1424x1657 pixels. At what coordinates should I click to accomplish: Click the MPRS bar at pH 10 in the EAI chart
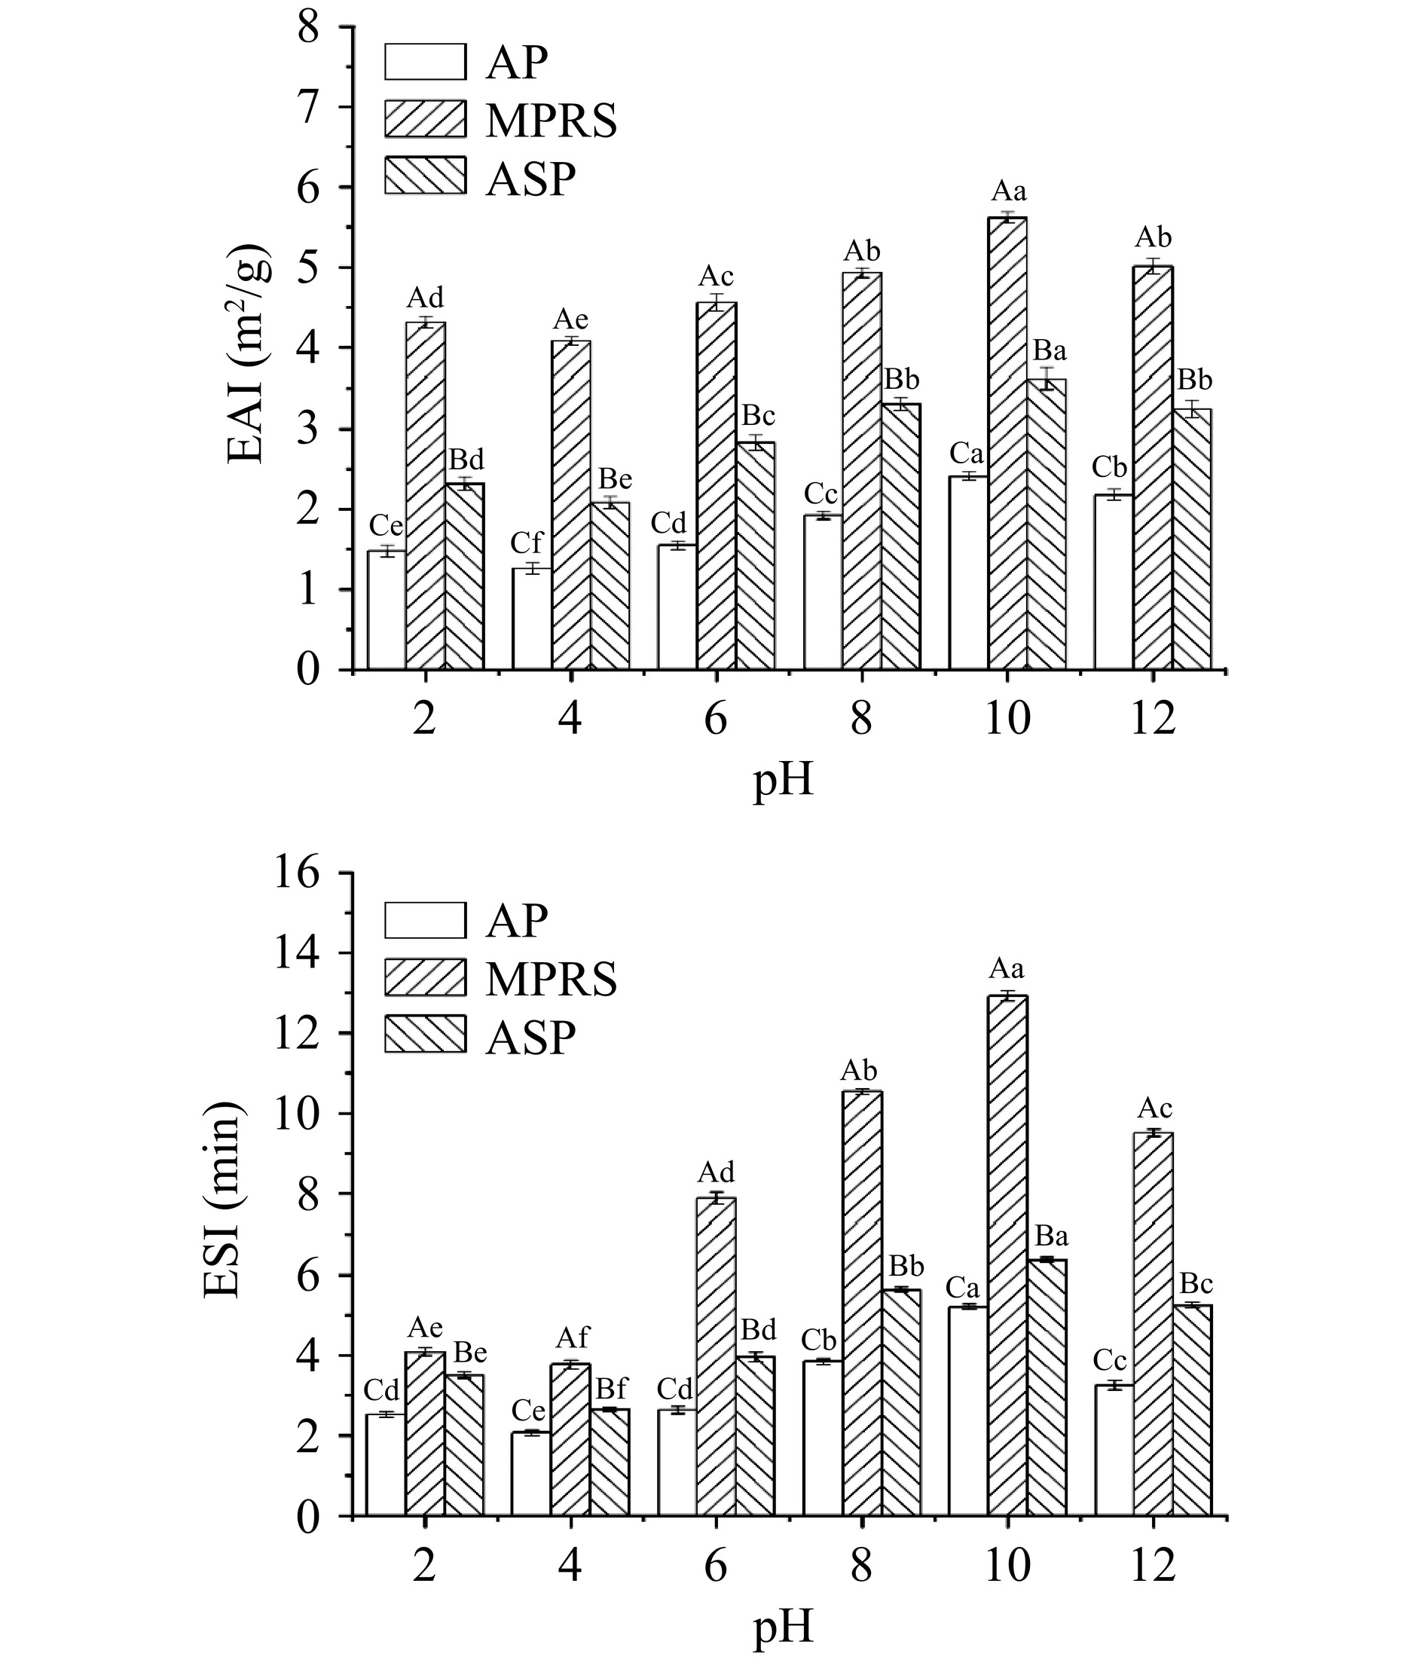pos(1007,444)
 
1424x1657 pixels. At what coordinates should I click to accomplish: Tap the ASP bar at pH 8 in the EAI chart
pos(900,536)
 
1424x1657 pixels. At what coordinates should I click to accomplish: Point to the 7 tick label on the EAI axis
pos(308,107)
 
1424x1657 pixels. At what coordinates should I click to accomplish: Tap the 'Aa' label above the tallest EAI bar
pos(1009,192)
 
